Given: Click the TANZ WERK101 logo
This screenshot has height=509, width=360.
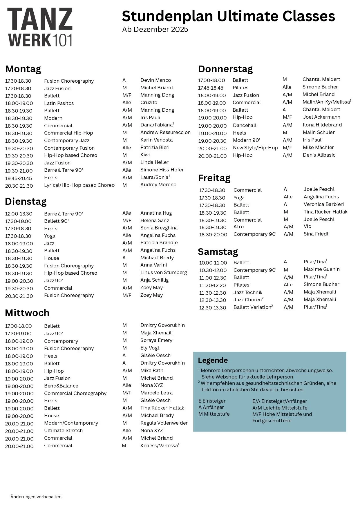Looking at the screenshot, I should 40,27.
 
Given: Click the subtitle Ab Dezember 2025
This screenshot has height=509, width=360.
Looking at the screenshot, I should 155,30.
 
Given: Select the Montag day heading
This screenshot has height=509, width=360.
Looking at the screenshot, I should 23,69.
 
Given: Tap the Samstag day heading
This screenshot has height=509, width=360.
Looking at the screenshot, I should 218,251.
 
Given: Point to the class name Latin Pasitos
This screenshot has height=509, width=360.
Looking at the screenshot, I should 59,103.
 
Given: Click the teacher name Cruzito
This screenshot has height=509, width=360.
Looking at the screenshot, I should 149,103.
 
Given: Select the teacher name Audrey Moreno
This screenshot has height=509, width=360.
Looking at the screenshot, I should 158,185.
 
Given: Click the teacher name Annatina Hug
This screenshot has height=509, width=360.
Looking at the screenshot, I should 156,213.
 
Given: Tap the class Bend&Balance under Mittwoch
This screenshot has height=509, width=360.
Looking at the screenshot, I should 61,386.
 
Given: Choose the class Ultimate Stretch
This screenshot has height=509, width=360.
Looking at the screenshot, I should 63,431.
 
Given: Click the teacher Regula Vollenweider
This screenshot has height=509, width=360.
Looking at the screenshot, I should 164,423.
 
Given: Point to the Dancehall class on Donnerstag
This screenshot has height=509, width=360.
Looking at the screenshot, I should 245,125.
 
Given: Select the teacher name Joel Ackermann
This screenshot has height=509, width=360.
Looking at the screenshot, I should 321,117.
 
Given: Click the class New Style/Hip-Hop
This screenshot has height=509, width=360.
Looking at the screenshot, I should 255,148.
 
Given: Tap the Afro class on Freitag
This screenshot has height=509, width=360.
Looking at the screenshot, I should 238,227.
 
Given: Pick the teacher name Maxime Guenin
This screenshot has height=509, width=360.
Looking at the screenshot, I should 321,269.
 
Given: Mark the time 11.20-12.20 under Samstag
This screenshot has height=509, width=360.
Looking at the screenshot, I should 212,285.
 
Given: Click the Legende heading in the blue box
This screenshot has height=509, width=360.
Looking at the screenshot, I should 213,361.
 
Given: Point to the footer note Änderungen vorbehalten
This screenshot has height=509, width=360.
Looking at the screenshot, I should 36,497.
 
